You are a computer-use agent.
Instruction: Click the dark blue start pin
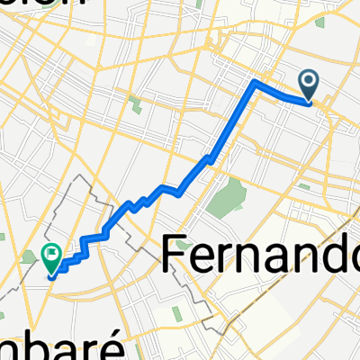[309, 85]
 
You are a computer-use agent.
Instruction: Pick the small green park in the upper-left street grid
[135, 106]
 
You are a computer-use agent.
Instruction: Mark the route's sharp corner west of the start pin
[256, 83]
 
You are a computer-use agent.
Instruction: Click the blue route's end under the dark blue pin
[309, 103]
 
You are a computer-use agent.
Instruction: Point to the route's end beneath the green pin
[52, 275]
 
